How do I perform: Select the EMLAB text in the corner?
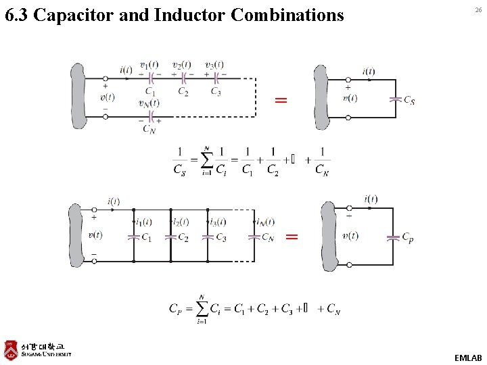pos(468,358)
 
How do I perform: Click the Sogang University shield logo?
pos(10,349)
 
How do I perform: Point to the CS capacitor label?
pos(409,101)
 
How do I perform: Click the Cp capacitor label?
pos(408,237)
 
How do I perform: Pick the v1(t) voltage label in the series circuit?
pos(149,65)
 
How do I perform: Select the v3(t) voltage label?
pos(214,65)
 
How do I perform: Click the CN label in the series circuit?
pos(149,129)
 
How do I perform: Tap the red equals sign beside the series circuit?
pos(280,100)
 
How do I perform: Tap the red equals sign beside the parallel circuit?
pos(292,237)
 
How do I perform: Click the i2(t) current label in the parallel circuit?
pos(180,222)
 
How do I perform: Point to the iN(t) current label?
pos(265,222)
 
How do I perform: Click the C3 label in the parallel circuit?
pos(221,237)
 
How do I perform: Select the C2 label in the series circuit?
pos(183,91)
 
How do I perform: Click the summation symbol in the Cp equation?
pos(201,308)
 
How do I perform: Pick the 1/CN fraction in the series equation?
pos(323,162)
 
